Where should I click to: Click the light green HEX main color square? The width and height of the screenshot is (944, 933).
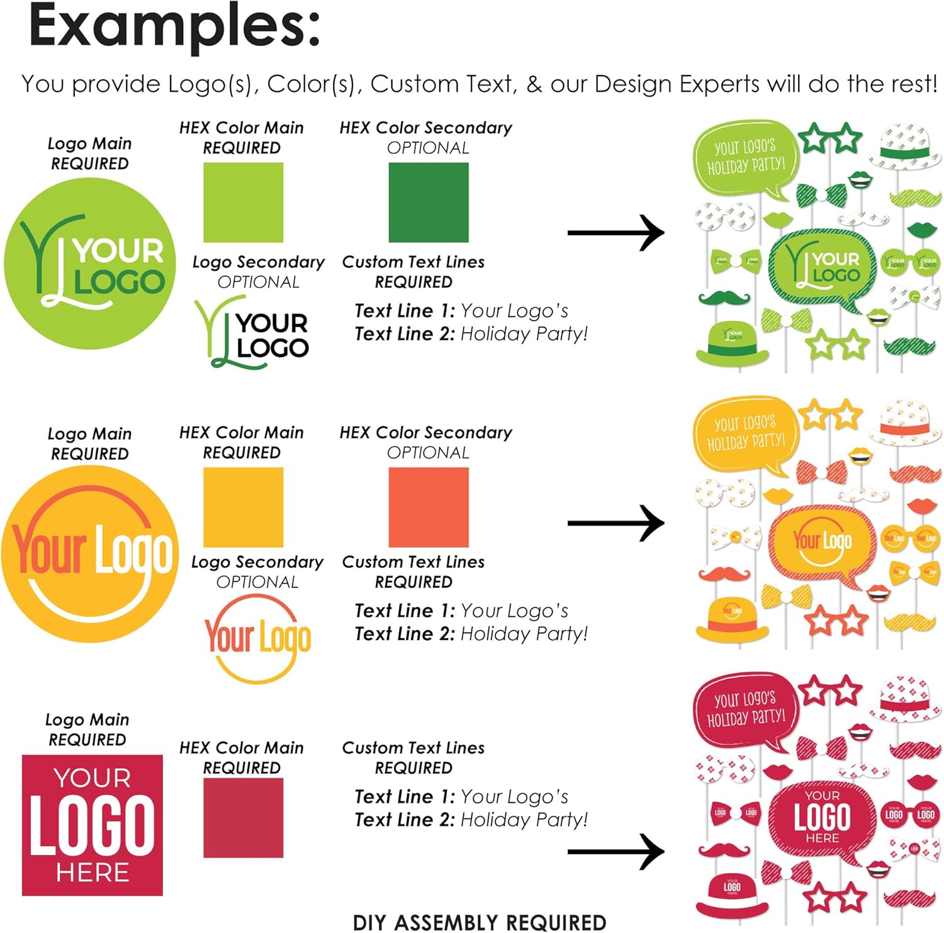pyautogui.click(x=243, y=202)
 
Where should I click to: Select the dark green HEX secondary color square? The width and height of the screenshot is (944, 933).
pyautogui.click(x=428, y=202)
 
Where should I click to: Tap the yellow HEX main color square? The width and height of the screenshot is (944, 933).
pyautogui.click(x=243, y=507)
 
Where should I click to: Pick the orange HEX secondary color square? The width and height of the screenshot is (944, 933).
pyautogui.click(x=428, y=507)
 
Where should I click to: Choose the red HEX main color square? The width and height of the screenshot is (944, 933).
pyautogui.click(x=243, y=817)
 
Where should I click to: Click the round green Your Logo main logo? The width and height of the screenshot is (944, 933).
pyautogui.click(x=90, y=263)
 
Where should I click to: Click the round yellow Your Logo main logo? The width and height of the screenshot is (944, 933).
pyautogui.click(x=90, y=554)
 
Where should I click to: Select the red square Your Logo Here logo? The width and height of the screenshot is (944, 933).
pyautogui.click(x=92, y=825)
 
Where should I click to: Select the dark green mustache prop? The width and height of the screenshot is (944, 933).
pyautogui.click(x=724, y=297)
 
